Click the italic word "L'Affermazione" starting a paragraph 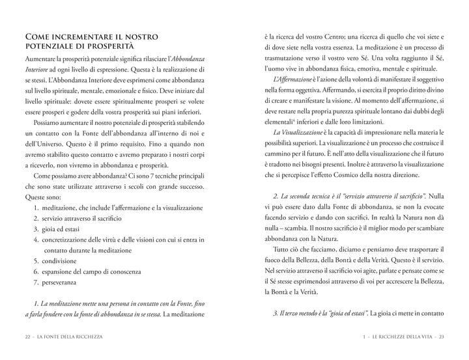tap(291, 79)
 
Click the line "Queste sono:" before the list tap(43, 187)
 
